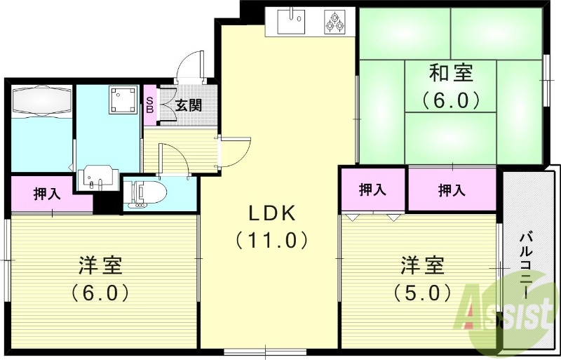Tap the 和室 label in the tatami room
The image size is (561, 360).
tap(451, 72)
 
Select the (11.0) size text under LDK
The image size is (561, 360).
tap(271, 241)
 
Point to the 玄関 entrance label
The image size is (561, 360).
tap(189, 106)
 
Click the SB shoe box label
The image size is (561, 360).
tap(149, 105)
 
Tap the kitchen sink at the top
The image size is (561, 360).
tap(292, 20)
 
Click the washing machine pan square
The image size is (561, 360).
tap(122, 100)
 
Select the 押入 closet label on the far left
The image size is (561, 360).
tap(47, 194)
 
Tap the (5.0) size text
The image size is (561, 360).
tap(423, 291)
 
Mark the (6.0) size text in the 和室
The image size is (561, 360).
tap(451, 99)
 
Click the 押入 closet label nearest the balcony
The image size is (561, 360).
tap(452, 189)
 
